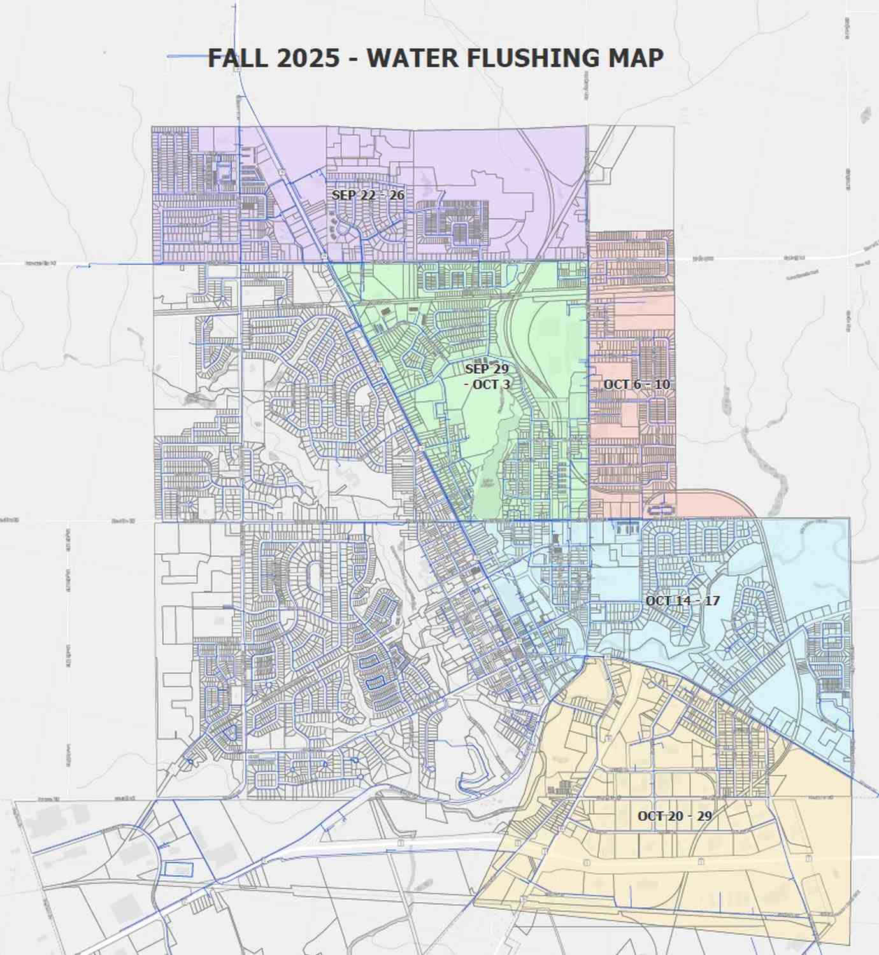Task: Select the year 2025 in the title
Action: point(308,58)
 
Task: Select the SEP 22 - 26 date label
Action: point(368,195)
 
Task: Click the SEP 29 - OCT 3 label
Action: point(487,376)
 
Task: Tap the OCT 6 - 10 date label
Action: point(636,384)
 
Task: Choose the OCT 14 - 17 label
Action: point(682,600)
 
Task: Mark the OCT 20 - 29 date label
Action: point(675,816)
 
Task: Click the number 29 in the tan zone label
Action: point(704,816)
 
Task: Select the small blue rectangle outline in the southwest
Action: point(178,869)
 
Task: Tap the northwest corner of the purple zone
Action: point(153,127)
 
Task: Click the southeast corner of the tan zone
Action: point(850,944)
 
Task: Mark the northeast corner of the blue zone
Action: point(849,519)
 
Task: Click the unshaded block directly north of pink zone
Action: point(631,178)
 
